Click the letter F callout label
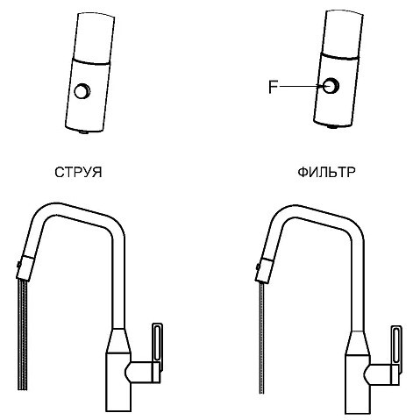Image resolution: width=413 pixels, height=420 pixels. click(x=273, y=87)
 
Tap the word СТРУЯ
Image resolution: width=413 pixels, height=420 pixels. click(x=78, y=173)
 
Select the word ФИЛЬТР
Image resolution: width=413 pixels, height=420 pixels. click(x=326, y=173)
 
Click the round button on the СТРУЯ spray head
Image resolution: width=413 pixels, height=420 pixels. click(x=82, y=91)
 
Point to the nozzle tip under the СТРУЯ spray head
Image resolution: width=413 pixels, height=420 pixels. click(x=85, y=132)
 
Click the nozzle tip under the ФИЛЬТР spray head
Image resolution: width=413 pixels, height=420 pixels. click(x=332, y=127)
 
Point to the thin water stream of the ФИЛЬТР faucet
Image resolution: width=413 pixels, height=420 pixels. click(x=262, y=338)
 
